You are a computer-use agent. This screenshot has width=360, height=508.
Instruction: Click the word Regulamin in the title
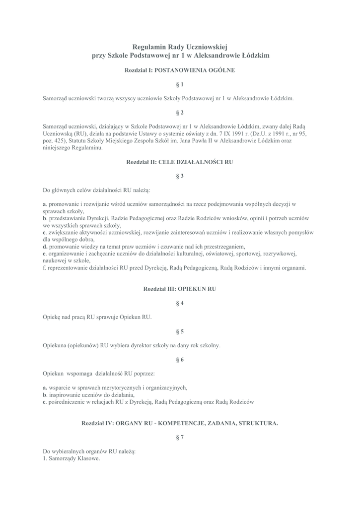tap(150, 46)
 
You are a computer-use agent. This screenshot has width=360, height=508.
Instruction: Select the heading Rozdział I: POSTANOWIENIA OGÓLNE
tap(180, 70)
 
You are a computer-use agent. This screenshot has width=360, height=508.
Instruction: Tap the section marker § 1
tap(180, 84)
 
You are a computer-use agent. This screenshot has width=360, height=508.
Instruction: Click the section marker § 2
tap(180, 113)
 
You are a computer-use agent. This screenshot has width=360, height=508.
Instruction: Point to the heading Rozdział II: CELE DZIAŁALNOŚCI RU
tap(180, 162)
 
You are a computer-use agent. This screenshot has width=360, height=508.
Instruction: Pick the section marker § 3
tap(180, 176)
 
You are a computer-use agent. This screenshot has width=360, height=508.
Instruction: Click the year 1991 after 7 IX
tap(223, 133)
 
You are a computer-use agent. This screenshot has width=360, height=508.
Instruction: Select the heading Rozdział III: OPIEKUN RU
tap(180, 288)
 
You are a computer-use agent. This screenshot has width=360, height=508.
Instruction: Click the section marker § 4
tap(180, 303)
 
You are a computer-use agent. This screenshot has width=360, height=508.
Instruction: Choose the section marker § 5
tap(180, 331)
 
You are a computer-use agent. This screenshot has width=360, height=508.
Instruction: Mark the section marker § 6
tap(180, 359)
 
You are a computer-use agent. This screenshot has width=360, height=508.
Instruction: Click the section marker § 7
tap(180, 437)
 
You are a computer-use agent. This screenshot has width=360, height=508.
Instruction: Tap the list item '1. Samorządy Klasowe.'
tap(72, 458)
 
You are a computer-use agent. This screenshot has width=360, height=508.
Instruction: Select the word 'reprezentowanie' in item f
tap(66, 267)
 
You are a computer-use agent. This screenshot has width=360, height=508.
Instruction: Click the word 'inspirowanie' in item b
tap(63, 394)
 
